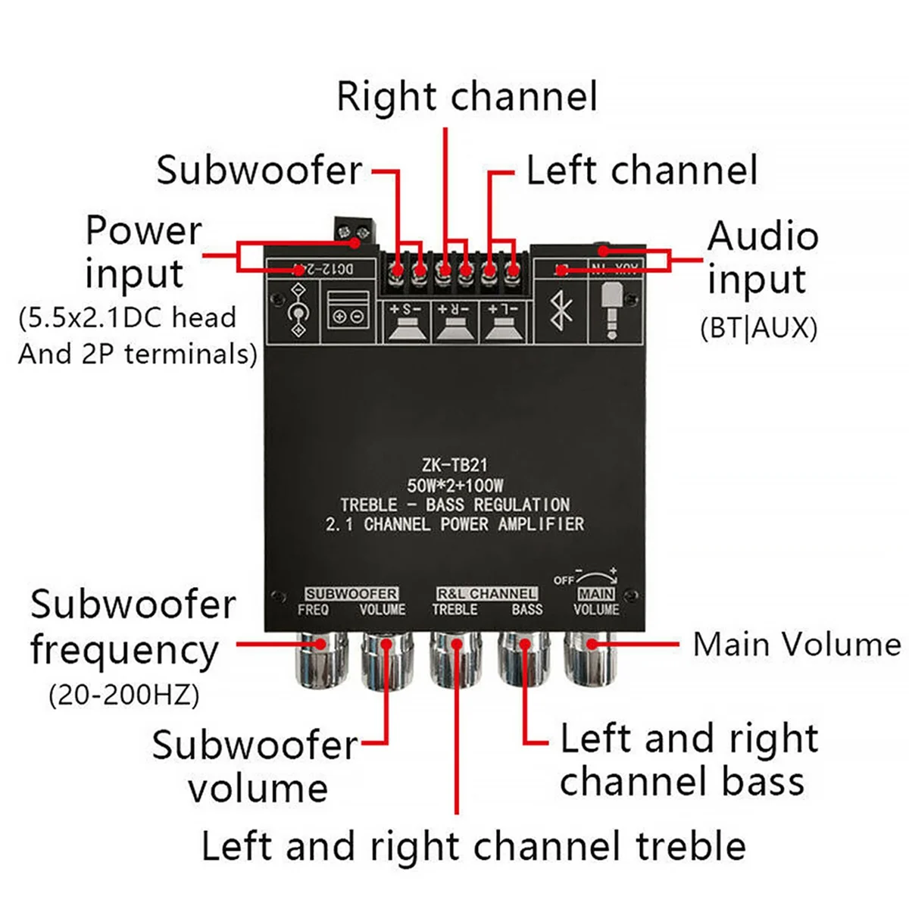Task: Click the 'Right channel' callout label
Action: [467, 97]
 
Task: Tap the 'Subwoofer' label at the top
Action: [259, 170]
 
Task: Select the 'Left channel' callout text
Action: [641, 170]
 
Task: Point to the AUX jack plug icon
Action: [612, 311]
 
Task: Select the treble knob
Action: [454, 661]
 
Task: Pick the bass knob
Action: [523, 661]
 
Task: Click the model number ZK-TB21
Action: [454, 465]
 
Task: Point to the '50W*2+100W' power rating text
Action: [454, 485]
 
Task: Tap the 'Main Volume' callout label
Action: [797, 645]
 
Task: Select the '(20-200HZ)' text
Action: [124, 695]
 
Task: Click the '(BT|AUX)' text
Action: [759, 328]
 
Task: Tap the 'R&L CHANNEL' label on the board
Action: [486, 594]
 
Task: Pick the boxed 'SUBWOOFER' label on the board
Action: [351, 594]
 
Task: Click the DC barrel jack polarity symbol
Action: [299, 311]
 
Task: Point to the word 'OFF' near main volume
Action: [564, 580]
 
